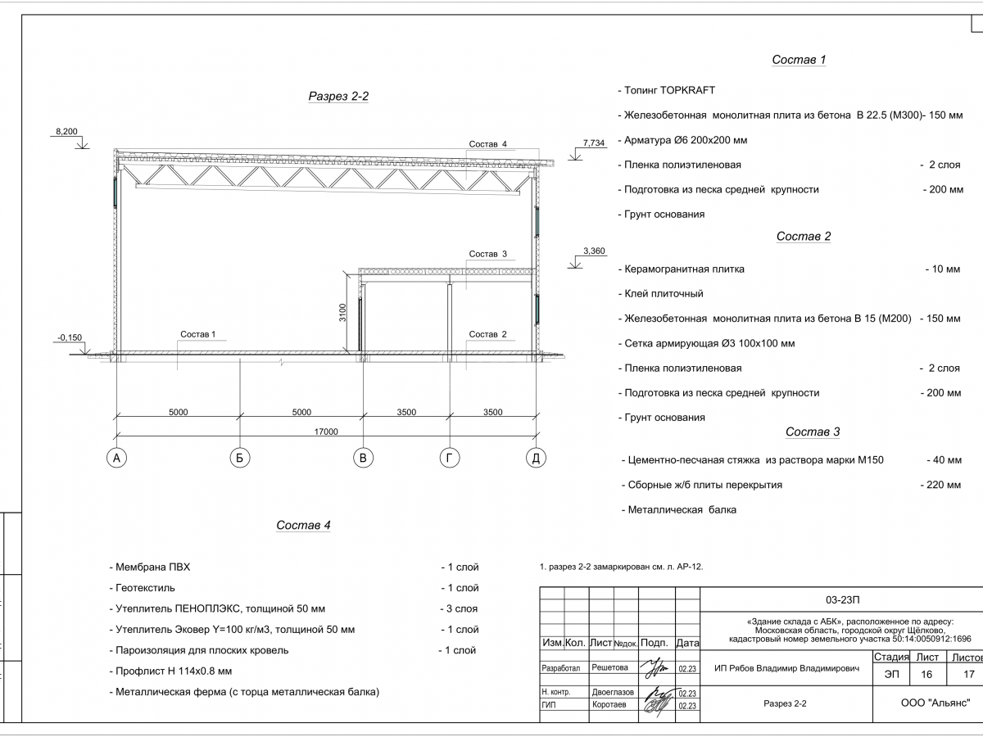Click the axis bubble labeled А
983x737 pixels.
(117, 459)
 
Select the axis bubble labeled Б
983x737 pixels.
(239, 459)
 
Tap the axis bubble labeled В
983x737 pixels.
(363, 459)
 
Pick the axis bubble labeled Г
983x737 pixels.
(449, 459)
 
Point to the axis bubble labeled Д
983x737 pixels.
(535, 459)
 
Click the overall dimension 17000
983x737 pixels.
(325, 432)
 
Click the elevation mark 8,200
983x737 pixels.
(66, 131)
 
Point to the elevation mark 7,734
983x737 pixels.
(594, 143)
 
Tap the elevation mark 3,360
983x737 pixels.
(594, 251)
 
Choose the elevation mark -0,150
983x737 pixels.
(70, 337)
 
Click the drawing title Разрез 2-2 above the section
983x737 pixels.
(338, 97)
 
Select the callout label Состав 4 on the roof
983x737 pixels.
(488, 144)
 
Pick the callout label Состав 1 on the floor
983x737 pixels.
(197, 334)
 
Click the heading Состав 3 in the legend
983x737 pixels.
(813, 432)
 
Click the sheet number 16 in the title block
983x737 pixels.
(926, 675)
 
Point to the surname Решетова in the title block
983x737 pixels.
(609, 668)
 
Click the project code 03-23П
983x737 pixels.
(843, 599)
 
